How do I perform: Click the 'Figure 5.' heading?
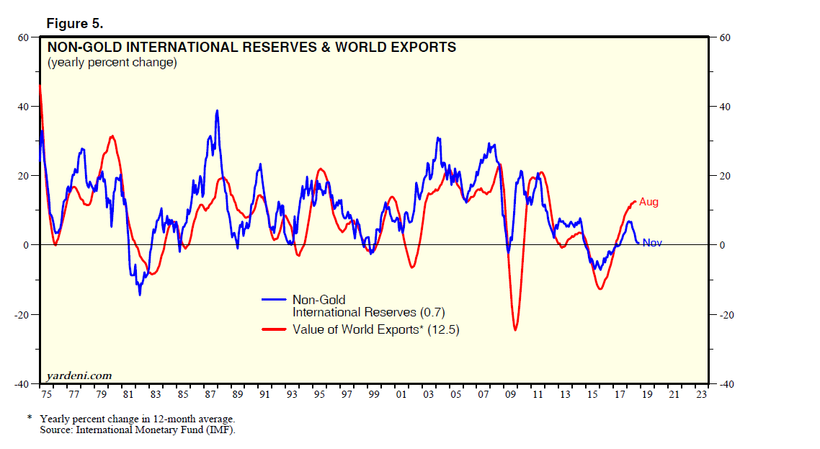tap(75, 24)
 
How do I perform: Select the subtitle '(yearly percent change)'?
tap(112, 63)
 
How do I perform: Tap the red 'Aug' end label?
tap(649, 203)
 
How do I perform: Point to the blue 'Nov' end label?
tap(652, 243)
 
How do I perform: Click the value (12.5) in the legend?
tap(443, 329)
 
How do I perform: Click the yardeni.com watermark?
tap(79, 375)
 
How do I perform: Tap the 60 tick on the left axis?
tap(24, 37)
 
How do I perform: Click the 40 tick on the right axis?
tap(726, 107)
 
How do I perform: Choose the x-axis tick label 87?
tap(210, 395)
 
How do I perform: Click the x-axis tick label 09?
tap(511, 395)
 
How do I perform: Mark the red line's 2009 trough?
tap(515, 330)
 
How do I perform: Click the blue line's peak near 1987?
tap(217, 111)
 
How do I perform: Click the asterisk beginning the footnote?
tap(30, 418)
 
